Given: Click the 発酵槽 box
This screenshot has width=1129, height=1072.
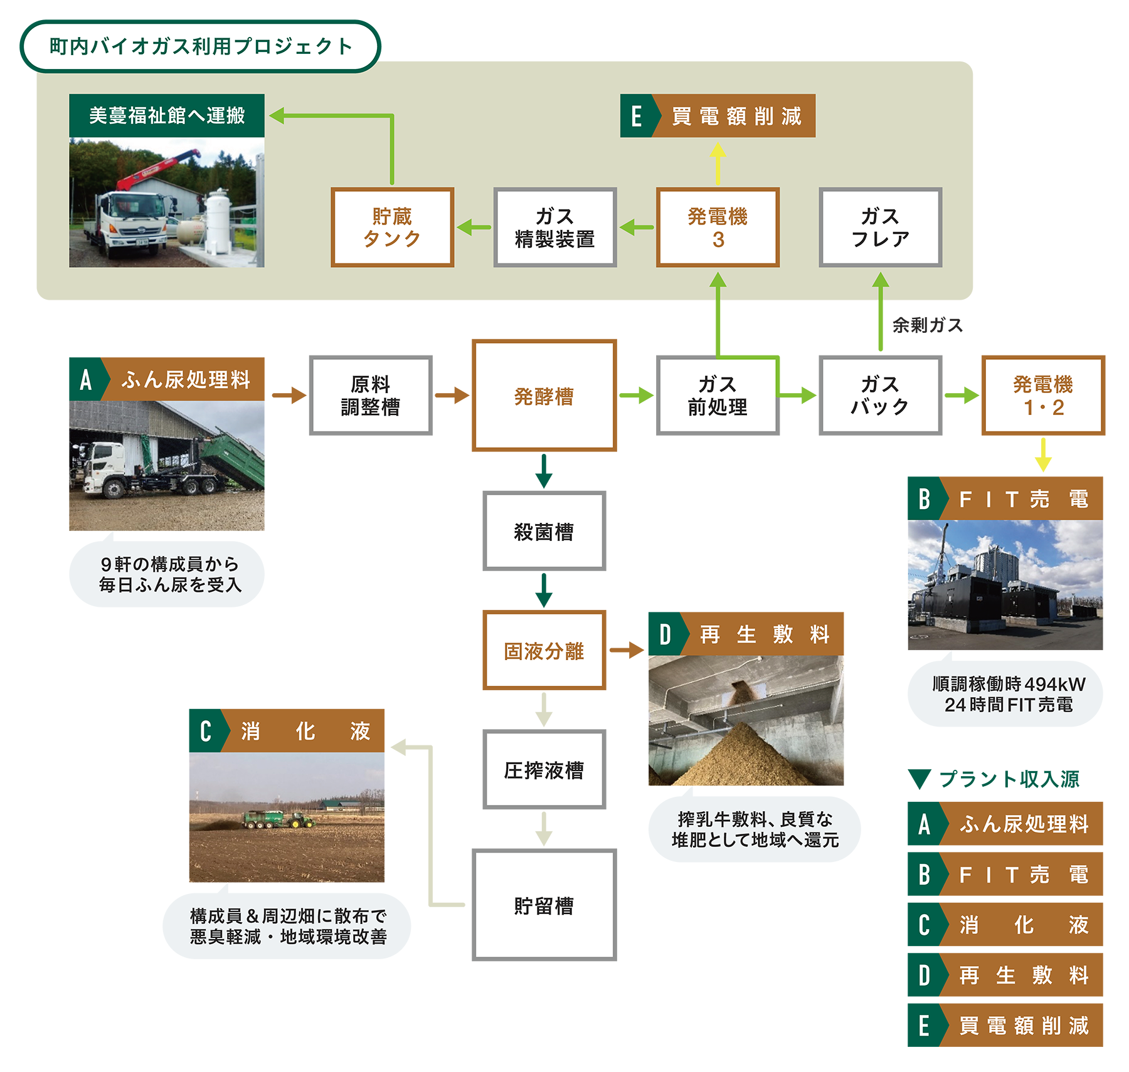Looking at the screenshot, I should (x=544, y=396).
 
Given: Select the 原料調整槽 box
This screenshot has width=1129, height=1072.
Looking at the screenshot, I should (x=371, y=395).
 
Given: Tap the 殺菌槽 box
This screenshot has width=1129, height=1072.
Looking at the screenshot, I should (x=544, y=531).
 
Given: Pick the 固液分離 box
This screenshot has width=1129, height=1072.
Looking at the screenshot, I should (x=544, y=650).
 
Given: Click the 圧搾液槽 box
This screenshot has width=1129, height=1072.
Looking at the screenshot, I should (x=544, y=769).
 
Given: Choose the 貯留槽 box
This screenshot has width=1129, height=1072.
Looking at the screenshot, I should (x=544, y=905).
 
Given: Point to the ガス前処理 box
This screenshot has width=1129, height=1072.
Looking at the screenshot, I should (x=718, y=395).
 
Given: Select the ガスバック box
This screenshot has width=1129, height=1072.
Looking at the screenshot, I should (x=880, y=395).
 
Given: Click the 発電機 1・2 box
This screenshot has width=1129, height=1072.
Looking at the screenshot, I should (x=1042, y=395).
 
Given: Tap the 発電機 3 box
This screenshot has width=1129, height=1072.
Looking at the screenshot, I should (x=718, y=227).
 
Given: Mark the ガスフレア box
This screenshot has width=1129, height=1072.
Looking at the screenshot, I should (x=880, y=227).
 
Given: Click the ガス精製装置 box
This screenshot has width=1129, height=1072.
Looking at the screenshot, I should (x=554, y=227).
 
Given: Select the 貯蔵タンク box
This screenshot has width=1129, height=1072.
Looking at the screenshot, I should (x=392, y=227).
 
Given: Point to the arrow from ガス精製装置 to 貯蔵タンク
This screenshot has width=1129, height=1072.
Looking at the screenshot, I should (x=474, y=227).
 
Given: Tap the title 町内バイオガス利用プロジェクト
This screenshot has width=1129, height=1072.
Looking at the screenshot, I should (x=201, y=46).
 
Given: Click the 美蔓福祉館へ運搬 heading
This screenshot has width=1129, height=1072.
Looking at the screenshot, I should (x=167, y=115).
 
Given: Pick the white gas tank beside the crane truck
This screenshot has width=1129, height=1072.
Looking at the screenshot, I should (x=218, y=219).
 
